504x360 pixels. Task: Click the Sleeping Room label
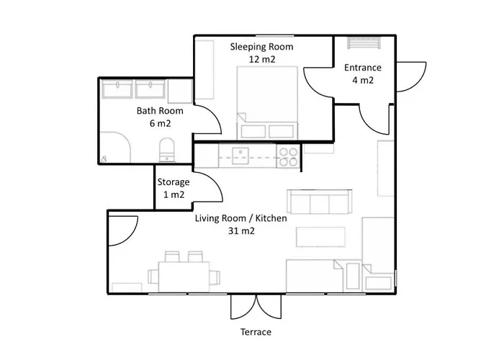[x=261, y=47]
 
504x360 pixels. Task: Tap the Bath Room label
[x=160, y=111]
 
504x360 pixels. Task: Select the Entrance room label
[x=363, y=68]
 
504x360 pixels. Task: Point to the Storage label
[x=174, y=182]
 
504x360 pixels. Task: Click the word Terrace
[x=256, y=332]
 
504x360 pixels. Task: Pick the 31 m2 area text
[x=241, y=231]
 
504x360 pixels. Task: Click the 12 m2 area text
[x=262, y=60]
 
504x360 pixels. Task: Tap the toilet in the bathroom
[x=167, y=150]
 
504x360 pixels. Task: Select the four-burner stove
[x=288, y=157]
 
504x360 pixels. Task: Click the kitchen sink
[x=240, y=156]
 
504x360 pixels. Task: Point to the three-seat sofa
[x=320, y=202]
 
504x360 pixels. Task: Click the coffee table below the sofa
[x=320, y=237]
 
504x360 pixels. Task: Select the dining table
[x=184, y=276]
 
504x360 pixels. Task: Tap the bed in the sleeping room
[x=267, y=103]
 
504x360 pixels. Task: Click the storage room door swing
[x=207, y=187]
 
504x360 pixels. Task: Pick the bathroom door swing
[x=207, y=120]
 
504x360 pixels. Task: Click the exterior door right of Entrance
[x=411, y=77]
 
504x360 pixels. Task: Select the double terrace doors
[x=256, y=307]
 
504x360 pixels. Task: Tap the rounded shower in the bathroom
[x=114, y=147]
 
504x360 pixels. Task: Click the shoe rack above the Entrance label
[x=364, y=42]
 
